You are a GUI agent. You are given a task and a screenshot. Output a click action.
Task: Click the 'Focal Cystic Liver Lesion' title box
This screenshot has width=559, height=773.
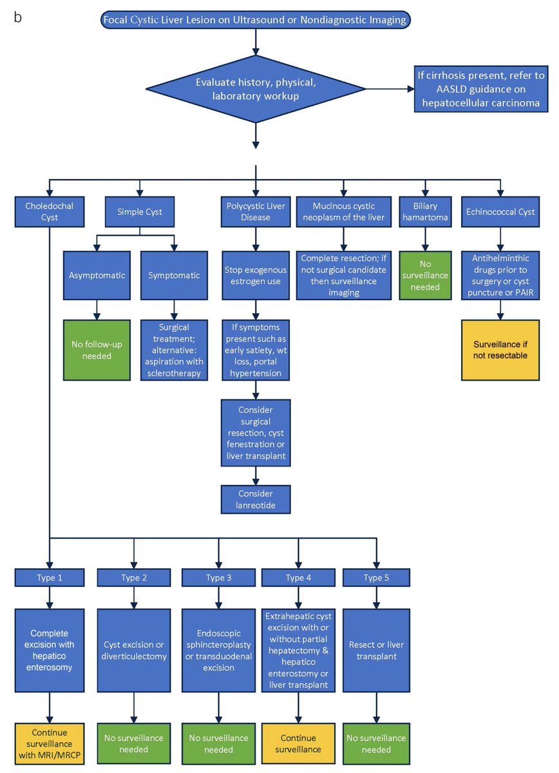(255, 20)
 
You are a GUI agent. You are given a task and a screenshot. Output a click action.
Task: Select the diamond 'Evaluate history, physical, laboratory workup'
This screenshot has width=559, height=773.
(256, 90)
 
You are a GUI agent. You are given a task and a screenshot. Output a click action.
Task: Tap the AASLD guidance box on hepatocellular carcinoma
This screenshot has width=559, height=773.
(479, 90)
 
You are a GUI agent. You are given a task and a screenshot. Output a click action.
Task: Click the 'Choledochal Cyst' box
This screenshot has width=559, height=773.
(49, 211)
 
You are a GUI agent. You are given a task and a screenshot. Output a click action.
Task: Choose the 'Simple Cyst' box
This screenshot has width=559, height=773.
(140, 211)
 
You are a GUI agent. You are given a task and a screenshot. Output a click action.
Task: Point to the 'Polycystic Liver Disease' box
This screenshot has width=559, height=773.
(256, 211)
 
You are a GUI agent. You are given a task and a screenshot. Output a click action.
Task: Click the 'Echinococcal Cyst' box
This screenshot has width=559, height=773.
(499, 211)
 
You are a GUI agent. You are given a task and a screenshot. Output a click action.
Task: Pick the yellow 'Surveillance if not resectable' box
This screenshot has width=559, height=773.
(499, 349)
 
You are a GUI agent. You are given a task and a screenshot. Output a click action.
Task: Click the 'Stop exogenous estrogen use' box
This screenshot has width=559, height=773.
(256, 275)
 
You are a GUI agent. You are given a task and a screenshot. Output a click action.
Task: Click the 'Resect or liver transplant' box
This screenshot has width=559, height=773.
(377, 649)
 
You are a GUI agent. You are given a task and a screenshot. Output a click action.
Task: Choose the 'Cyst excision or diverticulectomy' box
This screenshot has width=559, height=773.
(134, 649)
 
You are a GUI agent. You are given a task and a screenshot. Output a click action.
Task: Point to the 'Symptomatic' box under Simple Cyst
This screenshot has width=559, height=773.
(174, 275)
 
